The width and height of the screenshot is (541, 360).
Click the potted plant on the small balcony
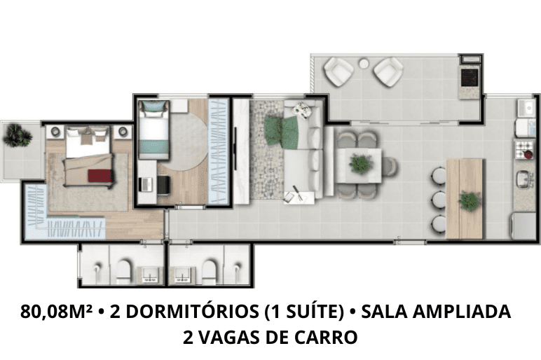click(x=18, y=135)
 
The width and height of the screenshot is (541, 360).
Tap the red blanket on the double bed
click(x=100, y=176)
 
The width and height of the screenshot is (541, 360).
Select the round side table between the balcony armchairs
click(x=363, y=64)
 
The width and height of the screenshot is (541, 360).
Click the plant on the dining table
click(x=361, y=164)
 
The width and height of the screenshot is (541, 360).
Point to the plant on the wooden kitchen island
click(x=470, y=201)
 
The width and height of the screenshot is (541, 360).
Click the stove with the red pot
click(x=524, y=149)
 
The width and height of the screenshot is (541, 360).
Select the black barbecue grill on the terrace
click(x=470, y=77)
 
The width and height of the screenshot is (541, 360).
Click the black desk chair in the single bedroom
click(x=163, y=185)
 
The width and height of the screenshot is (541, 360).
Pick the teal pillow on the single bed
click(x=154, y=106)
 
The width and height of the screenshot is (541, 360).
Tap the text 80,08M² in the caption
click(x=57, y=312)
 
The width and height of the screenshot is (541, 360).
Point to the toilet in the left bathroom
click(x=123, y=270)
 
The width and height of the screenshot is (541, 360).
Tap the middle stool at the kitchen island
click(x=439, y=200)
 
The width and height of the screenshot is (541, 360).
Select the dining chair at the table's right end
click(x=390, y=166)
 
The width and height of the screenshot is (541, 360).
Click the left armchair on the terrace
click(x=338, y=72)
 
